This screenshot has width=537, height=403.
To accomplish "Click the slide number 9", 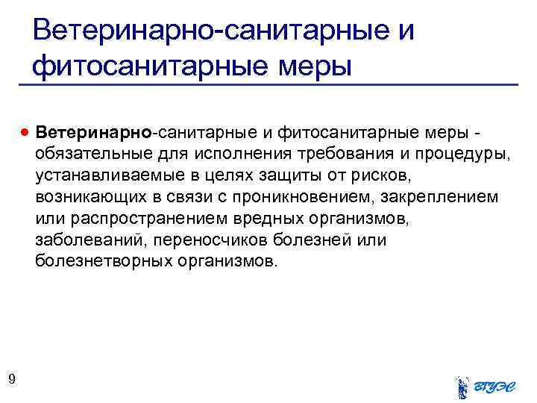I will click(x=11, y=380).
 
